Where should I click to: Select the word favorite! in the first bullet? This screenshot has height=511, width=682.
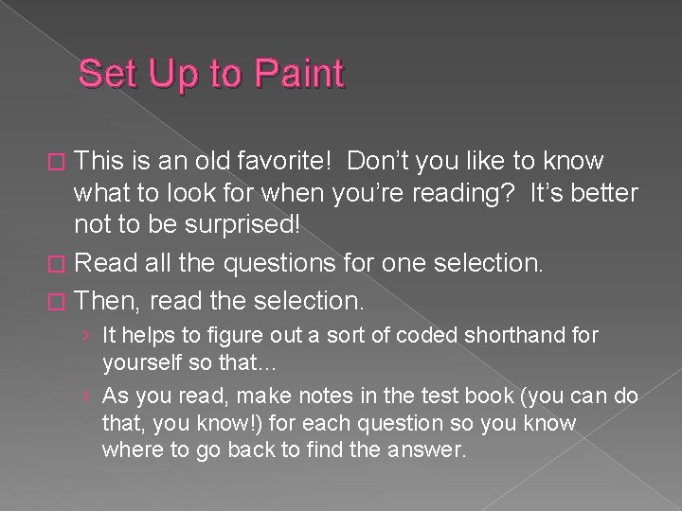coord(285,162)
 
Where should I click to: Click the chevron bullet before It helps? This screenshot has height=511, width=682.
coord(87,335)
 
